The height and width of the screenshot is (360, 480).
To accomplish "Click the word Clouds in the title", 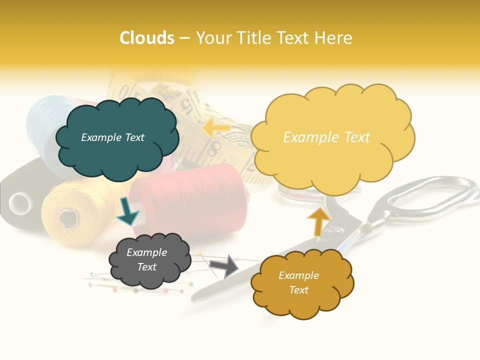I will tap(147, 38).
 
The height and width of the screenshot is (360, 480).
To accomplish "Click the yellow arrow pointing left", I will tap(216, 127).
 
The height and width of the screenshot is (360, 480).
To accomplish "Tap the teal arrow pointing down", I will tap(128, 211).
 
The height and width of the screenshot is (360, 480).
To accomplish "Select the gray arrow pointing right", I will tap(224, 265).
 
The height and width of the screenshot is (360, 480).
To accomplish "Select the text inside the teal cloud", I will tap(113, 137).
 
